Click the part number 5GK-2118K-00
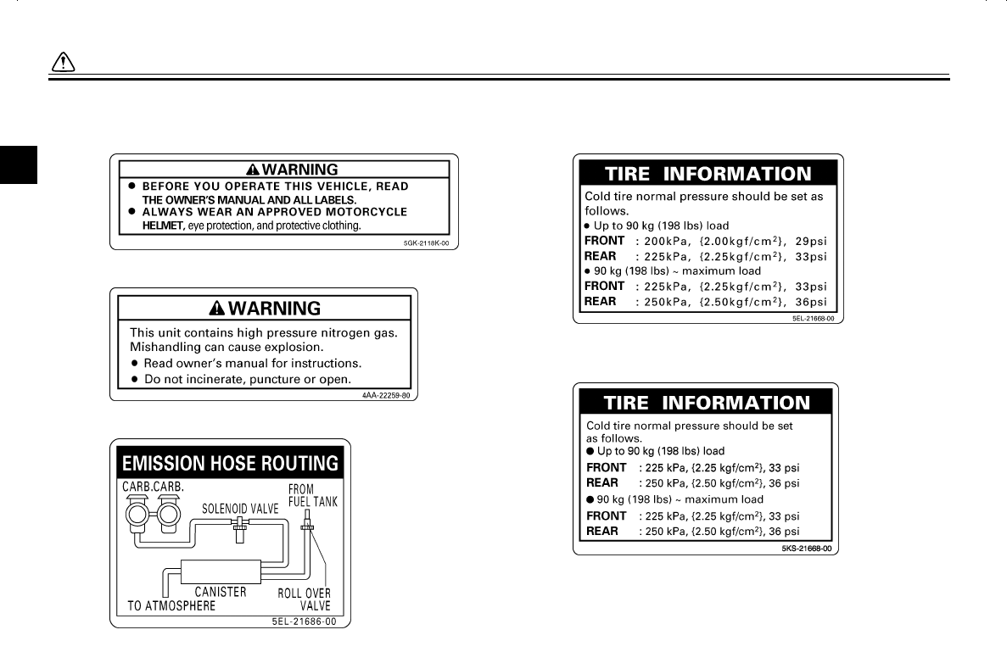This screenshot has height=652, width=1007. [x=430, y=242]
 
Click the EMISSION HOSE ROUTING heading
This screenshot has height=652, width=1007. [x=230, y=464]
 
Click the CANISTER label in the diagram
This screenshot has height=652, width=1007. [x=221, y=592]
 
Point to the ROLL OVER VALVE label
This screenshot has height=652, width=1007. [x=305, y=599]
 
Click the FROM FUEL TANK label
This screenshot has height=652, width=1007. [x=312, y=495]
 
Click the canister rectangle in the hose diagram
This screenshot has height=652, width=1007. [x=220, y=572]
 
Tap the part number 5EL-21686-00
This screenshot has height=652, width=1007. [x=298, y=621]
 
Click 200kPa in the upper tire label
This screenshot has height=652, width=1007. [x=669, y=242]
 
